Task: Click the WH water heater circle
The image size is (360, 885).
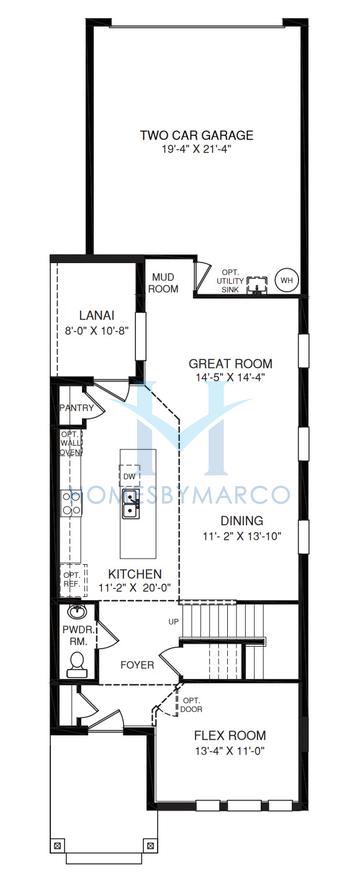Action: (284, 279)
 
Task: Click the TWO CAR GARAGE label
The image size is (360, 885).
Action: (196, 135)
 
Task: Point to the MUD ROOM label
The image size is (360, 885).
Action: (164, 283)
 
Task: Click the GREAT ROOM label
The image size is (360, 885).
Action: (230, 364)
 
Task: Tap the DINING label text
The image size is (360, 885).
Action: (242, 520)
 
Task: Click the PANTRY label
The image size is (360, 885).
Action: (76, 408)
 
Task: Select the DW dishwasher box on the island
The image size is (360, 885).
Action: (130, 475)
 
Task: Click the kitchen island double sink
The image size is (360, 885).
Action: (130, 504)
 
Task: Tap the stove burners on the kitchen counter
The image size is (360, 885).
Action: (72, 503)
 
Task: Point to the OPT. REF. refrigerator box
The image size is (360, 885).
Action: (74, 580)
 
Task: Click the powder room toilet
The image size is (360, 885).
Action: (75, 664)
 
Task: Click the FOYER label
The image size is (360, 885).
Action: (137, 665)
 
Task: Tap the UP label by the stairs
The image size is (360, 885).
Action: (173, 621)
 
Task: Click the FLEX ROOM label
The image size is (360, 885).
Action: (230, 736)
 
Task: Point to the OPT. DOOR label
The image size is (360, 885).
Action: (192, 705)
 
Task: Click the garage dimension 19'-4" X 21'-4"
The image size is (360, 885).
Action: (196, 149)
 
